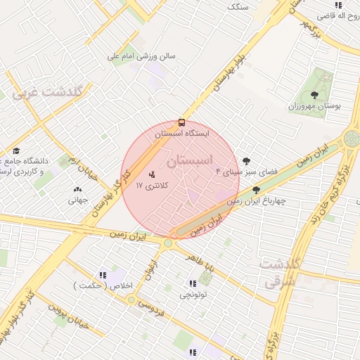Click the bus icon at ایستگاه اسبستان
[182, 122]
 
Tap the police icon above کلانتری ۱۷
[152, 174]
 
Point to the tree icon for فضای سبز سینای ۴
[246, 161]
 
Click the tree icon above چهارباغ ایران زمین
[256, 190]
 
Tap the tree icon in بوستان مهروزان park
[314, 95]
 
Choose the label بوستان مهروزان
[314, 106]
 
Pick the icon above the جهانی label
[77, 188]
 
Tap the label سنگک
[238, 6]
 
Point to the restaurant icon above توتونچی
[193, 283]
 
